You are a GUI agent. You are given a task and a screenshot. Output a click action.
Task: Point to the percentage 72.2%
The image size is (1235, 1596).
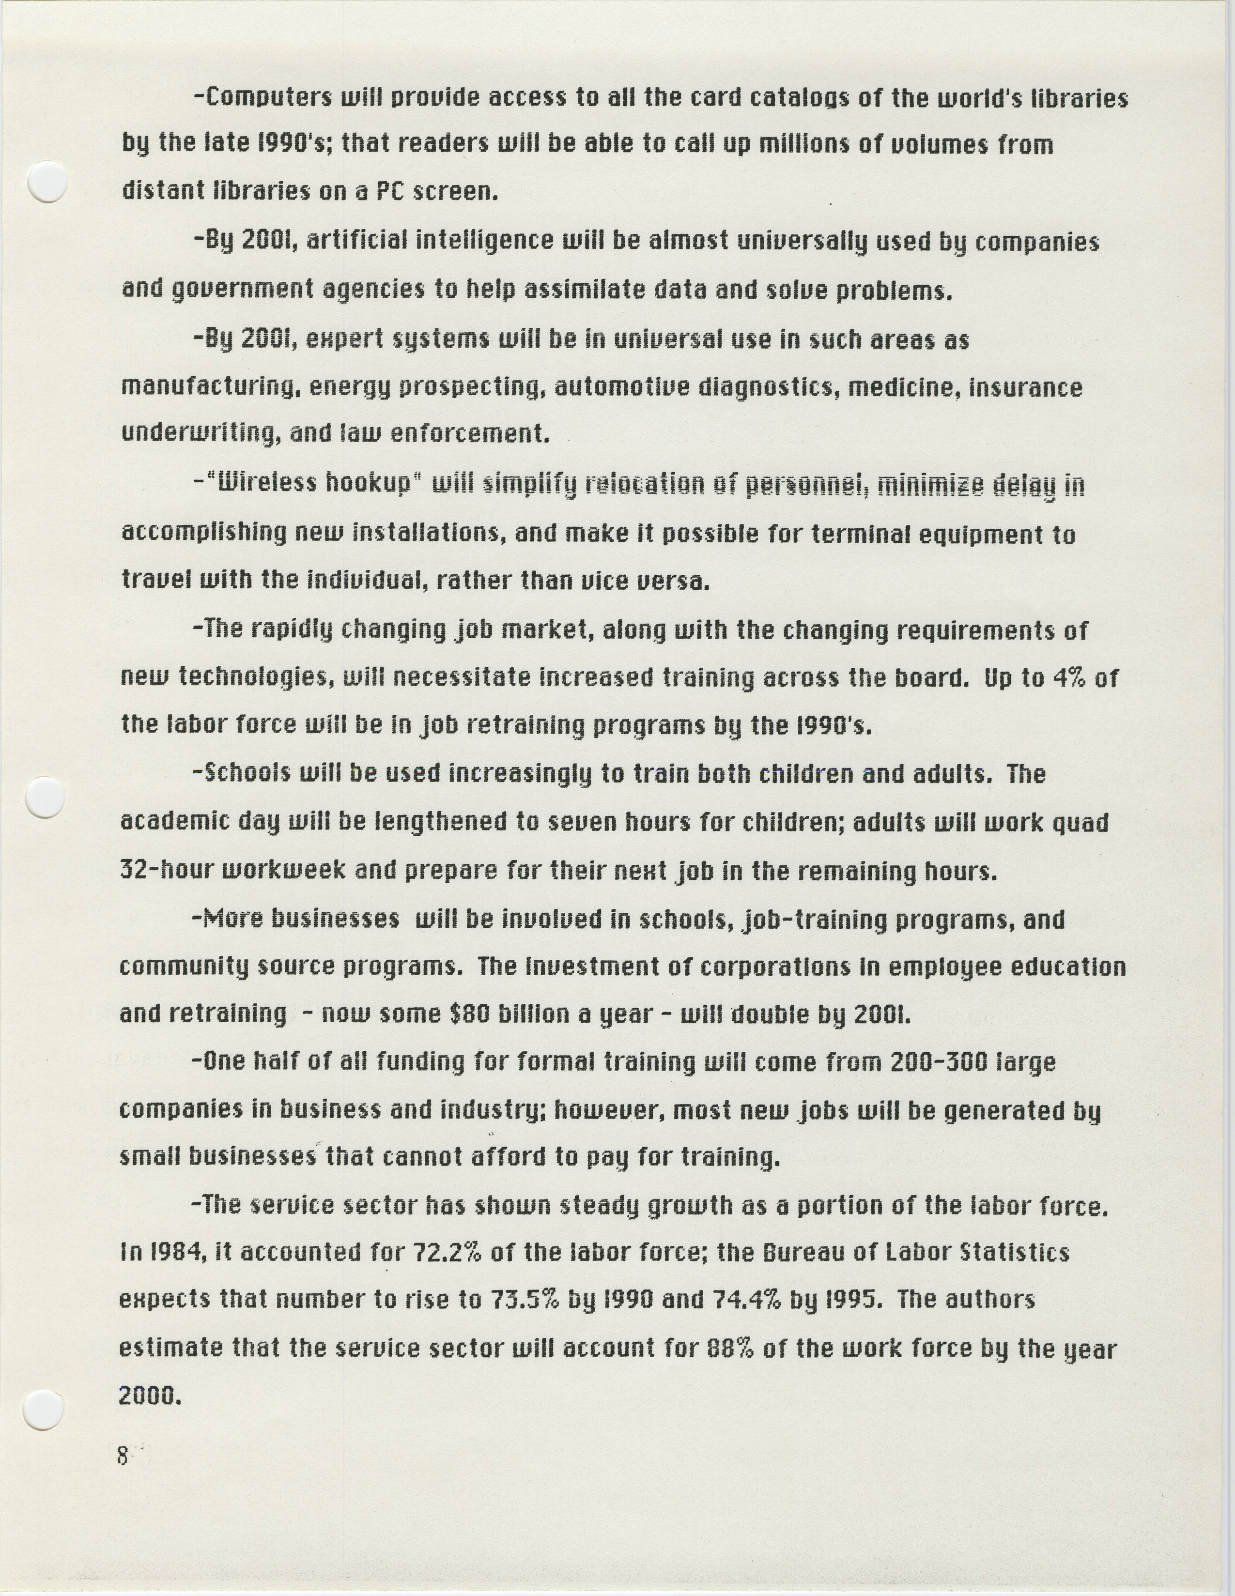(x=447, y=1253)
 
